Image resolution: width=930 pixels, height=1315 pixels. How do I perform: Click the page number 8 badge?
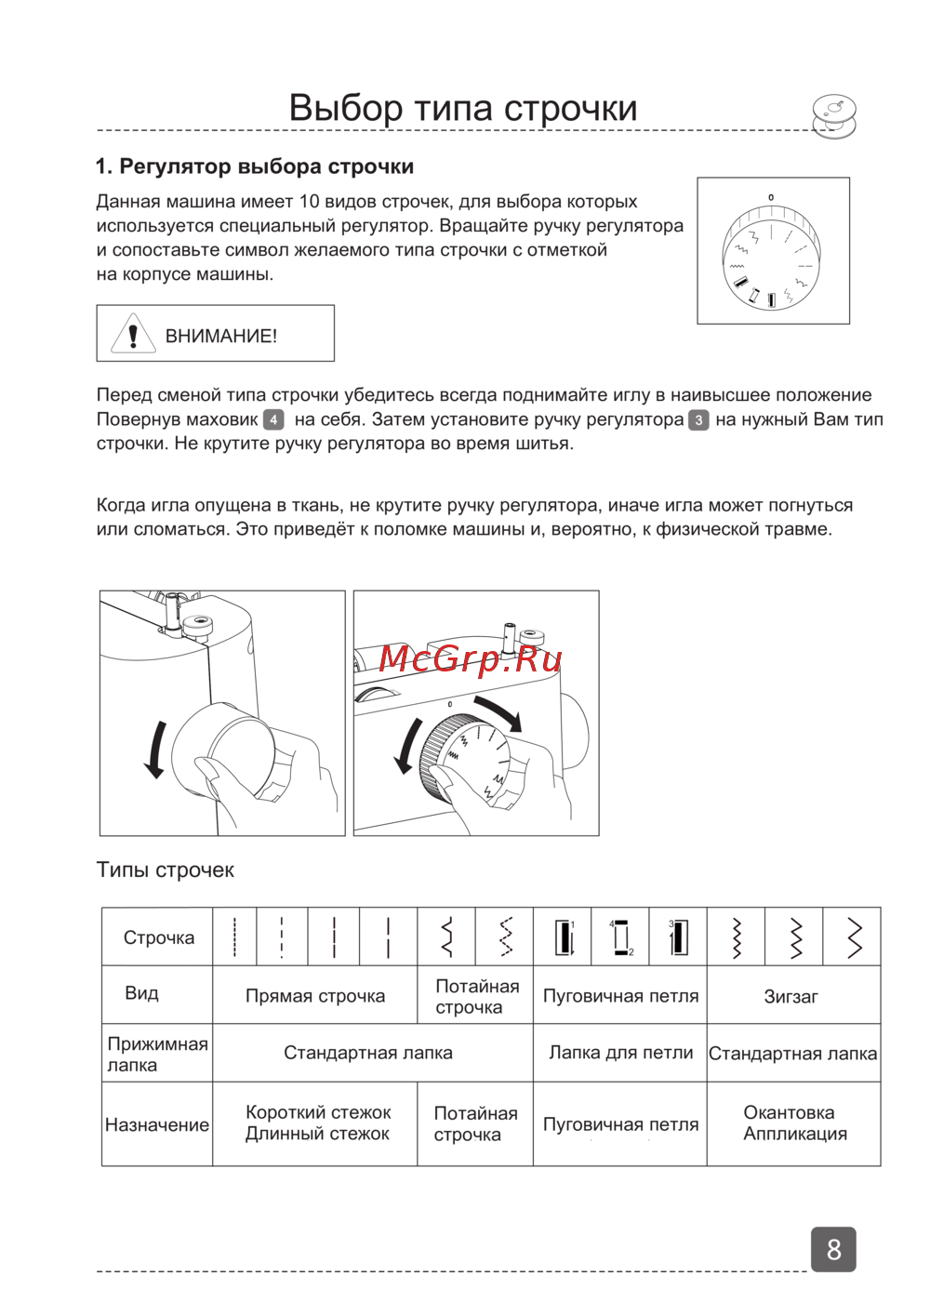pyautogui.click(x=833, y=1249)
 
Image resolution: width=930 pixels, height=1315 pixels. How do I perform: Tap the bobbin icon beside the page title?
pyautogui.click(x=833, y=116)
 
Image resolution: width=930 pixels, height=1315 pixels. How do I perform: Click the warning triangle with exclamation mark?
pyautogui.click(x=133, y=334)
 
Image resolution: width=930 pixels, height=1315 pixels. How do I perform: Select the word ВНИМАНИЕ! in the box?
pyautogui.click(x=221, y=337)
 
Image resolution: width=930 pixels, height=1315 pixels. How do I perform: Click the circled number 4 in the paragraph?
pyautogui.click(x=273, y=419)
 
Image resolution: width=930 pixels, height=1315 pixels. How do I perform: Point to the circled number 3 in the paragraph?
pyautogui.click(x=698, y=419)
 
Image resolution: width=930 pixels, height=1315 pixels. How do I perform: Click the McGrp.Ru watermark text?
pyautogui.click(x=471, y=658)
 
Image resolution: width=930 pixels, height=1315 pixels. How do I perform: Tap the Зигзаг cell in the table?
pyautogui.click(x=791, y=996)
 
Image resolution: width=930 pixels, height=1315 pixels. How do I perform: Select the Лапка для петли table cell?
pyautogui.click(x=620, y=1053)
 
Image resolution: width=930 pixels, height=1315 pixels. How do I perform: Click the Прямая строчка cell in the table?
pyautogui.click(x=315, y=996)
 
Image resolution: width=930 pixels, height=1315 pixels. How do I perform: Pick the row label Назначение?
pyautogui.click(x=157, y=1124)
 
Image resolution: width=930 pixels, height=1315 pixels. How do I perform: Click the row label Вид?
pyautogui.click(x=141, y=993)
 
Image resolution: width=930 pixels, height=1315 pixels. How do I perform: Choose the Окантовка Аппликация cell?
pyautogui.click(x=794, y=1123)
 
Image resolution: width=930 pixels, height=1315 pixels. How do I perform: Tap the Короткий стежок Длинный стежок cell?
pyautogui.click(x=317, y=1123)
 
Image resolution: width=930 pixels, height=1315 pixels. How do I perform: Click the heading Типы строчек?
pyautogui.click(x=166, y=870)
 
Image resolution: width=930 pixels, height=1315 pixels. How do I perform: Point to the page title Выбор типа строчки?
pyautogui.click(x=463, y=108)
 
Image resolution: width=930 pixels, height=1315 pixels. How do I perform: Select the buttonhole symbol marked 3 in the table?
pyautogui.click(x=678, y=936)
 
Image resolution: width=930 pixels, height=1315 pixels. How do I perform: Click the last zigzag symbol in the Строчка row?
pyautogui.click(x=854, y=937)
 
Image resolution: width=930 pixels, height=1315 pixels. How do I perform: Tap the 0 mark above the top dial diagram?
pyautogui.click(x=771, y=197)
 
